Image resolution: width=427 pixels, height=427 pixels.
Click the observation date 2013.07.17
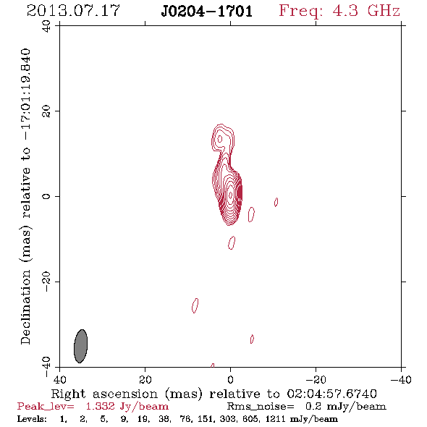tap(73, 11)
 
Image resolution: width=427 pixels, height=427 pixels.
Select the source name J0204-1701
tap(207, 12)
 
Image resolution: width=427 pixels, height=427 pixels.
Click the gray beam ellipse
tap(80, 346)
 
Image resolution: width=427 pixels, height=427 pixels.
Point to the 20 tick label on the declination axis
tap(46, 111)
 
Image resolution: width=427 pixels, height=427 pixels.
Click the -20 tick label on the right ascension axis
tap(316, 380)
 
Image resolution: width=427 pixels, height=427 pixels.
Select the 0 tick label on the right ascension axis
tap(230, 380)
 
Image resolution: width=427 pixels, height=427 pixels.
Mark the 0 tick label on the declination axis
tap(46, 196)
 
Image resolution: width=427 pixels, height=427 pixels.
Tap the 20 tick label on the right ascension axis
tap(145, 380)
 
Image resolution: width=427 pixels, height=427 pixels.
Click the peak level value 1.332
tap(100, 406)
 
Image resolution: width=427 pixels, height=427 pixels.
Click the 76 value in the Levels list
tap(186, 418)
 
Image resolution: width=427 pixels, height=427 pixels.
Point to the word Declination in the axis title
tap(25, 307)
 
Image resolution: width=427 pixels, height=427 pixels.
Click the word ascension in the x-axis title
tap(125, 394)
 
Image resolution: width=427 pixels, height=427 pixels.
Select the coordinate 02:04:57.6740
tap(331, 394)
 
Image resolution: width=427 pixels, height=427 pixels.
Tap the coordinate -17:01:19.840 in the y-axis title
tap(25, 94)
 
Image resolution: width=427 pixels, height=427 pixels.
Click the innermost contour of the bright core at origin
tap(231, 195)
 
